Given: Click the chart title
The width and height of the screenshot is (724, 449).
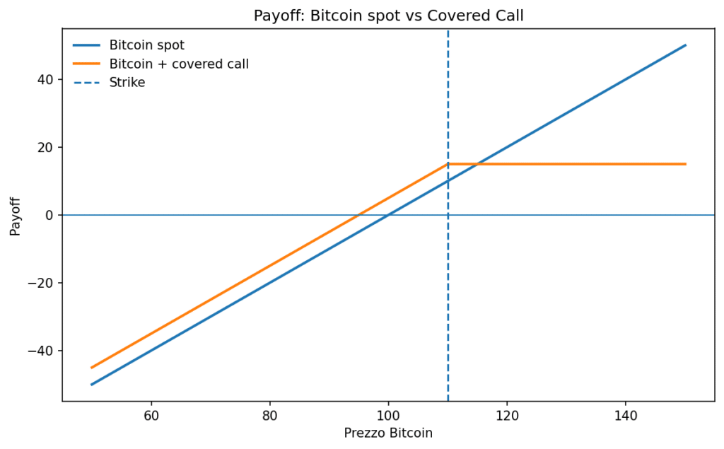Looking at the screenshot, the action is pyautogui.click(x=388, y=16).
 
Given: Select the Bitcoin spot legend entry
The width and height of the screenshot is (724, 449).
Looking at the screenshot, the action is pyautogui.click(x=129, y=45).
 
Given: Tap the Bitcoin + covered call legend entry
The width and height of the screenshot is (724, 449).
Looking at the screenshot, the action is pyautogui.click(x=161, y=64).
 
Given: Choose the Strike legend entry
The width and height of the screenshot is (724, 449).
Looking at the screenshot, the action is pyautogui.click(x=110, y=82).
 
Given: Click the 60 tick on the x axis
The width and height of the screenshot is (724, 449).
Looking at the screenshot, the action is pyautogui.click(x=151, y=415).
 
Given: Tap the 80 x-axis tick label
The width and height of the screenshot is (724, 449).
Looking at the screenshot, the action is pyautogui.click(x=269, y=415).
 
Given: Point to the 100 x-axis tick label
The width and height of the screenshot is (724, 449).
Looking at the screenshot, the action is pyautogui.click(x=388, y=415).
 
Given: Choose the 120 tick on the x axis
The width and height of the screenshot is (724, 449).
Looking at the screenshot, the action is pyautogui.click(x=507, y=415).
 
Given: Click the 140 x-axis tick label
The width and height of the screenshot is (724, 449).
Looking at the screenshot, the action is pyautogui.click(x=626, y=415).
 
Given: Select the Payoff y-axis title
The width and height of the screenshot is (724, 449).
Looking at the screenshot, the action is pyautogui.click(x=16, y=216).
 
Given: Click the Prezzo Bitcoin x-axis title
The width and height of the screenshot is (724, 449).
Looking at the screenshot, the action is pyautogui.click(x=388, y=433).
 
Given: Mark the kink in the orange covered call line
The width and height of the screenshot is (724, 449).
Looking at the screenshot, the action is pyautogui.click(x=448, y=164).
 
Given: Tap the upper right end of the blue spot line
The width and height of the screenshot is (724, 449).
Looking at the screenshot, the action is pyautogui.click(x=686, y=45).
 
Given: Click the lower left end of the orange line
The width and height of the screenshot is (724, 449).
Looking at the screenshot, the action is pyautogui.click(x=91, y=368).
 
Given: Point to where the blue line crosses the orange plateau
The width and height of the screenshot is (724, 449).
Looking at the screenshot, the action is pyautogui.click(x=477, y=164).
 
